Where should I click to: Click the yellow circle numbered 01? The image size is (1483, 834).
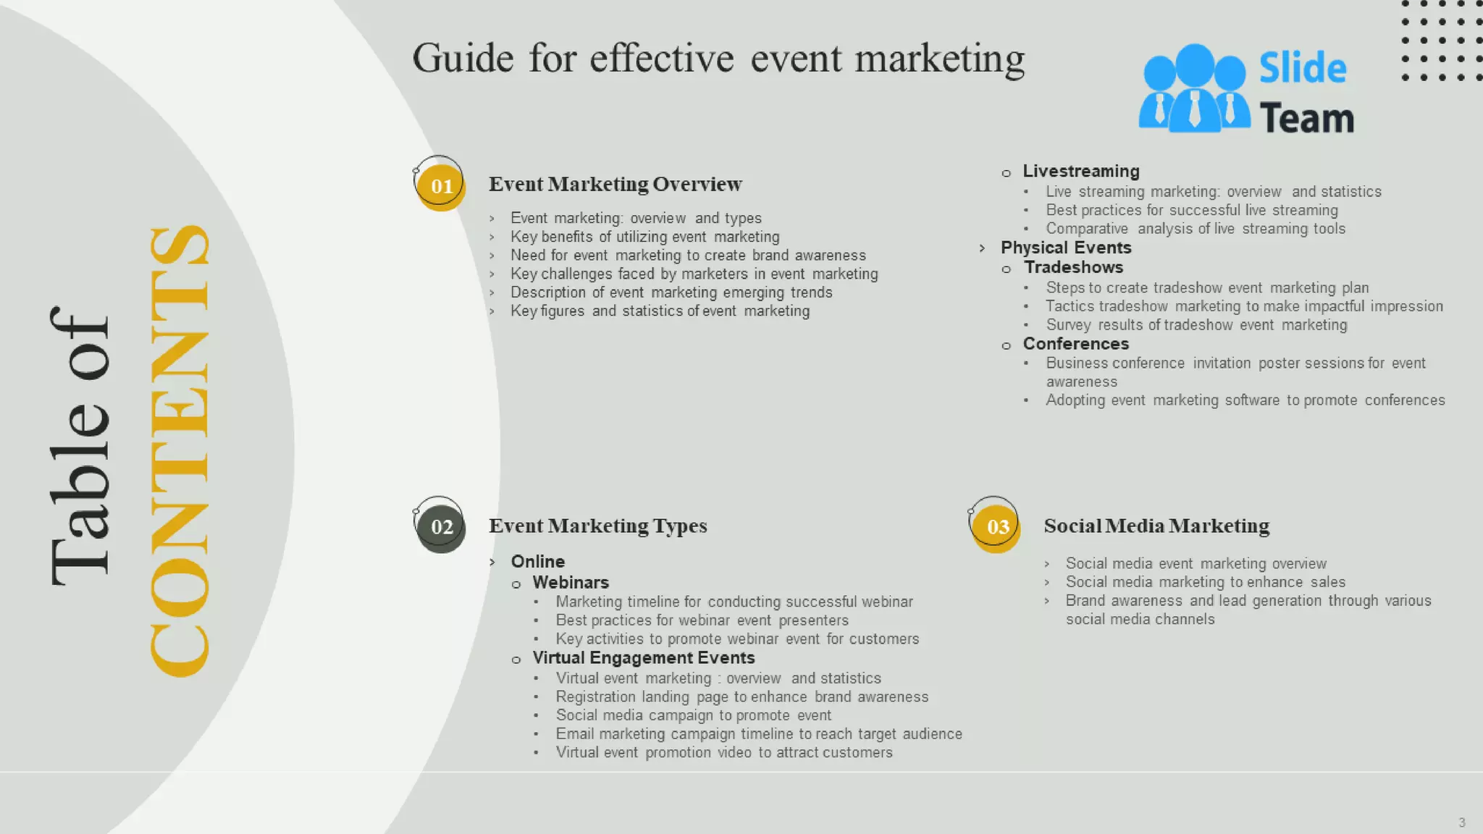point(441,186)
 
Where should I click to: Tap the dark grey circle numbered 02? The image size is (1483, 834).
point(441,527)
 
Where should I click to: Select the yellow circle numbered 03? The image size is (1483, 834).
point(997,527)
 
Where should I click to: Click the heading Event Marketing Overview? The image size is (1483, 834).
point(615,184)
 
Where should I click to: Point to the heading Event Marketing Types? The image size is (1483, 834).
point(597,526)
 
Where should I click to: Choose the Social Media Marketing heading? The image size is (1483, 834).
point(1156,526)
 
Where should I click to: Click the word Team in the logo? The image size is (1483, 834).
point(1306,118)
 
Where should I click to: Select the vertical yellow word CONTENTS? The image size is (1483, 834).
point(180,450)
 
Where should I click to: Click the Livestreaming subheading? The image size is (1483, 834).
point(1080,172)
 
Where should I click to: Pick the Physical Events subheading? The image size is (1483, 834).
point(1065,248)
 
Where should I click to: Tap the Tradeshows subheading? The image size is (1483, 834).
point(1073,267)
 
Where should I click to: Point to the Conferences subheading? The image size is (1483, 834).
point(1075,344)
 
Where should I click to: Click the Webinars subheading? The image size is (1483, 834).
point(571,583)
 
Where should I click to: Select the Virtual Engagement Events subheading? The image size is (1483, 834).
point(643,658)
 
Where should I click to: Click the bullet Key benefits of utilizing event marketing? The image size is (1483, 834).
point(644,237)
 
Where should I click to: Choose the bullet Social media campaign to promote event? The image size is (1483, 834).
point(693,715)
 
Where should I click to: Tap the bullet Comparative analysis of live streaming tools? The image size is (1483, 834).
point(1195,229)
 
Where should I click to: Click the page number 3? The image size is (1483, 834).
point(1461,822)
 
